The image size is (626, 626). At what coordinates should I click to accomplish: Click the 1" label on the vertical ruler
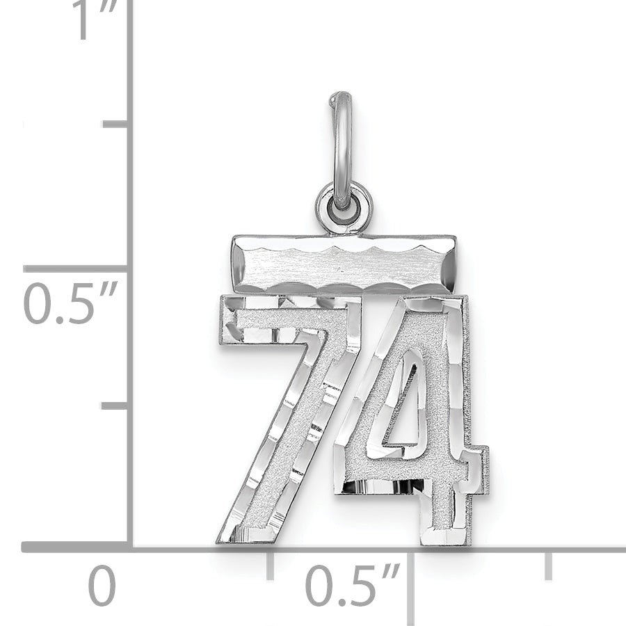[93, 21]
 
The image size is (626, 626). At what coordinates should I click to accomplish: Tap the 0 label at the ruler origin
[102, 586]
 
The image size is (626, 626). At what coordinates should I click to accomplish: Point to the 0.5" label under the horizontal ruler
[353, 586]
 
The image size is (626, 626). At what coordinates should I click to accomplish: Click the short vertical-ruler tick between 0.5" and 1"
[115, 124]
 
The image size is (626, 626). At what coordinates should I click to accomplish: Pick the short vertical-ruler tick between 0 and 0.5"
[115, 405]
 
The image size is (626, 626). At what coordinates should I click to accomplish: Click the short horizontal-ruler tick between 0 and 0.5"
[271, 565]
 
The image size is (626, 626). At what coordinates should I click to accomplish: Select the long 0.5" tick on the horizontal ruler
[410, 584]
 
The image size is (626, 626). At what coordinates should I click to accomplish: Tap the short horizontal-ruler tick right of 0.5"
[549, 565]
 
